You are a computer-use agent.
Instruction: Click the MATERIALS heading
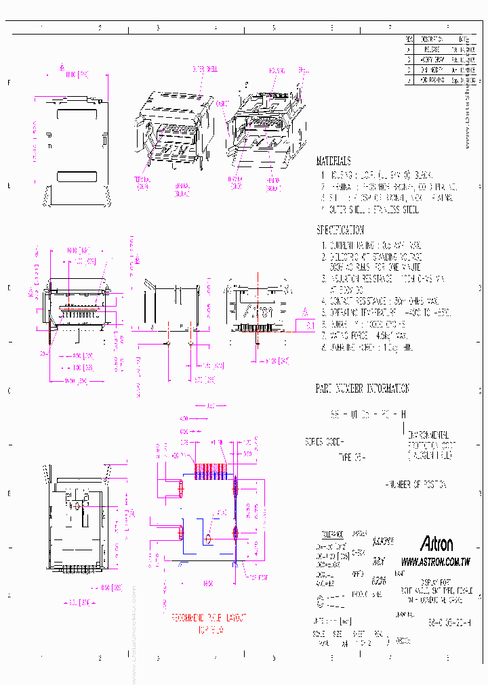pyautogui.click(x=333, y=162)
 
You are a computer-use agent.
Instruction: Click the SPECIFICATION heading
pyautogui.click(x=340, y=230)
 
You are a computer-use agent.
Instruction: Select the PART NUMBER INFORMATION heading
pyautogui.click(x=363, y=389)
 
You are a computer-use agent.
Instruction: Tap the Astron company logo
pyautogui.click(x=436, y=544)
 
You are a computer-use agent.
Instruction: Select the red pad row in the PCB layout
pyautogui.click(x=211, y=472)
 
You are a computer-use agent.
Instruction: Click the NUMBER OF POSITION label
pyautogui.click(x=415, y=485)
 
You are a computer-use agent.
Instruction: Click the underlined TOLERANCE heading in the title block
pyautogui.click(x=331, y=533)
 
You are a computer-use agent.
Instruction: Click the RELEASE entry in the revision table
pyautogui.click(x=432, y=49)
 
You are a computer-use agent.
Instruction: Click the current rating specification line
pyautogui.click(x=372, y=246)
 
